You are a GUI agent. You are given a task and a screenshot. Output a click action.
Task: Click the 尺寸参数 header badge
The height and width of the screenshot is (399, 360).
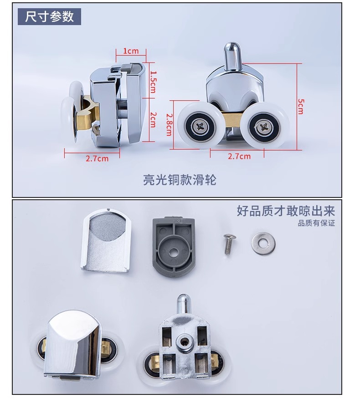coord(49,16)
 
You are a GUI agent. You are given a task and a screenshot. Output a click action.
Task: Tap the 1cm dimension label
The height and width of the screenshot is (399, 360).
coord(131,51)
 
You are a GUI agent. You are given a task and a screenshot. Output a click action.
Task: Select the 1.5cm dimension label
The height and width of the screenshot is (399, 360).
coord(153,82)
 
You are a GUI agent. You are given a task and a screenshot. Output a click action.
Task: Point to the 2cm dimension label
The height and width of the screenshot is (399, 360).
coord(153,119)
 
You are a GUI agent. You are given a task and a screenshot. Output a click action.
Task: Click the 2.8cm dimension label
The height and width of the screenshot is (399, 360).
coord(169,124)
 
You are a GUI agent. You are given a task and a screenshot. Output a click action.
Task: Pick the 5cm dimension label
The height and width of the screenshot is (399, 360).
coord(301,106)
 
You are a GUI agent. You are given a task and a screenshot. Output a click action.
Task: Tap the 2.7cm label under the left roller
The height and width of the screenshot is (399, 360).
coord(97,159)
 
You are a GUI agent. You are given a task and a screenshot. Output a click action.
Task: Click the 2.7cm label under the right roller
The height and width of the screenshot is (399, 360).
coord(239,156)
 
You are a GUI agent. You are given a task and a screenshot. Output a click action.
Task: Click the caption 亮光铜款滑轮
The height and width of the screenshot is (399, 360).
coord(180,180)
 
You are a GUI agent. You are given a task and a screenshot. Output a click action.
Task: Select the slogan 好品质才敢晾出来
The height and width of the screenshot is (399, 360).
coord(286,211)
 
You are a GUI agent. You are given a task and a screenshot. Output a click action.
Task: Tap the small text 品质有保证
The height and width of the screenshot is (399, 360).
coord(316,223)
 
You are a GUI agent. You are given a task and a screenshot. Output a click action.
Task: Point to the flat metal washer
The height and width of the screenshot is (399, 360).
coord(263,243)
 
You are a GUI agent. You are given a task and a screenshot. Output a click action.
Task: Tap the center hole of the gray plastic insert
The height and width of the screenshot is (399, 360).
coord(173,253)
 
